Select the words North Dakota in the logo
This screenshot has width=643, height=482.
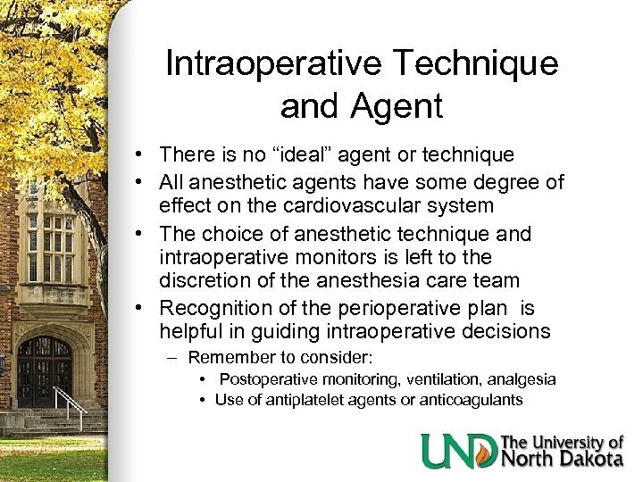563,460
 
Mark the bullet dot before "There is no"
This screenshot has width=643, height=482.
142,155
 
